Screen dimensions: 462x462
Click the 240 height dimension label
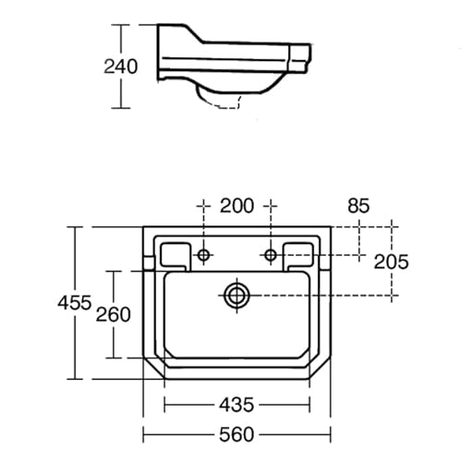click(121, 67)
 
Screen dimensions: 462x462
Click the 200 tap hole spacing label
click(237, 207)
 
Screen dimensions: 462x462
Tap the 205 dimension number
click(392, 261)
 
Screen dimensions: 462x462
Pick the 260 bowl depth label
click(114, 313)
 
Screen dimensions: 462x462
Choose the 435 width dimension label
click(237, 405)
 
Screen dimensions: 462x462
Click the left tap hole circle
click(204, 254)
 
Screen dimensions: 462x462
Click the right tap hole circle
click(270, 254)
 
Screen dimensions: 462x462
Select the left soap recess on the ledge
click(174, 251)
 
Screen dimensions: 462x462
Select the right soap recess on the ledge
click(300, 251)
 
